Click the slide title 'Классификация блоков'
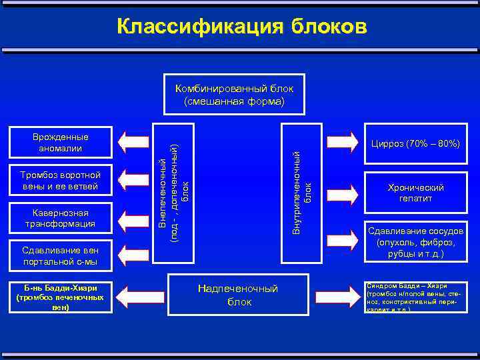pyautogui.click(x=241, y=26)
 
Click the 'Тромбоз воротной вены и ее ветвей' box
pyautogui.click(x=61, y=180)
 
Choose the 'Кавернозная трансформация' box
pyautogui.click(x=61, y=218)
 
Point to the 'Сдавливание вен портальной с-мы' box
pyautogui.click(x=61, y=256)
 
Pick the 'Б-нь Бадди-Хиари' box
pyautogui.click(x=61, y=298)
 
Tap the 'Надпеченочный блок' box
pyautogui.click(x=238, y=295)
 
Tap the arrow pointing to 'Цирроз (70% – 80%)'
pyautogui.click(x=342, y=142)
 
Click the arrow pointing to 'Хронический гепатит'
pyautogui.click(x=342, y=192)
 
